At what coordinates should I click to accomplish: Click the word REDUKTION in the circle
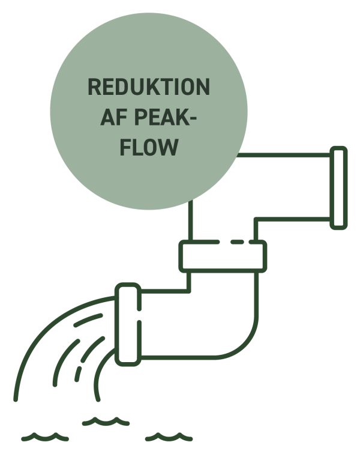click(x=149, y=88)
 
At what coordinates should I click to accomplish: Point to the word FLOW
click(x=149, y=148)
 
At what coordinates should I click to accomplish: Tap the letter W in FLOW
click(x=170, y=148)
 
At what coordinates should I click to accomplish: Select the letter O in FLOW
click(x=152, y=148)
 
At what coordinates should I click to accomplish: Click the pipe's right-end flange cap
click(x=339, y=187)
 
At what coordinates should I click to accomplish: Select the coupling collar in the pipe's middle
click(x=223, y=255)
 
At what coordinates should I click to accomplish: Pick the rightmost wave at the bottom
click(x=170, y=437)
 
